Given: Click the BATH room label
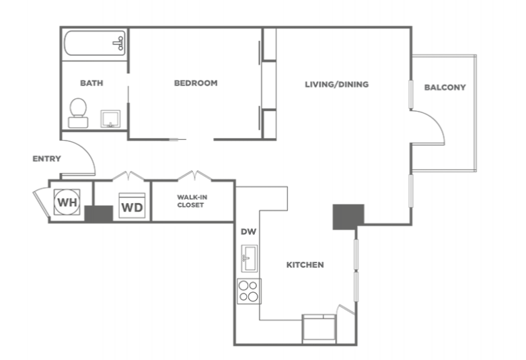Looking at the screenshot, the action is coord(91,83).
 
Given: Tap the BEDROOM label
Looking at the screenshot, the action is coord(196,83).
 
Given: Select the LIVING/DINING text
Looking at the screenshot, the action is coord(337,84).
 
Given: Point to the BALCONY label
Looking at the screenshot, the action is coord(445,87).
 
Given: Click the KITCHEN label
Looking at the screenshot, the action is coord(305,264).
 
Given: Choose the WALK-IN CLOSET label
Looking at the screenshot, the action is coord(192,201).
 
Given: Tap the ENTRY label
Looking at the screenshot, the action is coord(46,158).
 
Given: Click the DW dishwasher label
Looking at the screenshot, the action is coord(248,231).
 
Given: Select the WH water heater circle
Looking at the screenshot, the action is coord(67,202).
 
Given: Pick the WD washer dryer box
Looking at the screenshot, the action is coord(132,205).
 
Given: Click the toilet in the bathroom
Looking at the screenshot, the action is coord(78,113).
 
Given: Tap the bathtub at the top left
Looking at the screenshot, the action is coord(95,43).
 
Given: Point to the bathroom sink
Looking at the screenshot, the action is coord(111,119).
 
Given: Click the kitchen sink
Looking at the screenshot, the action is coord(250,258).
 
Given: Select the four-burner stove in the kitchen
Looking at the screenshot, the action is coord(249,291).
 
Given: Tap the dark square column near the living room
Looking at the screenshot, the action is coord(348,217).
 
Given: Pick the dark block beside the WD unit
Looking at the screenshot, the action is coord(98,214).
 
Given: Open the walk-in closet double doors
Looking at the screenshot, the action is coord(194,176).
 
